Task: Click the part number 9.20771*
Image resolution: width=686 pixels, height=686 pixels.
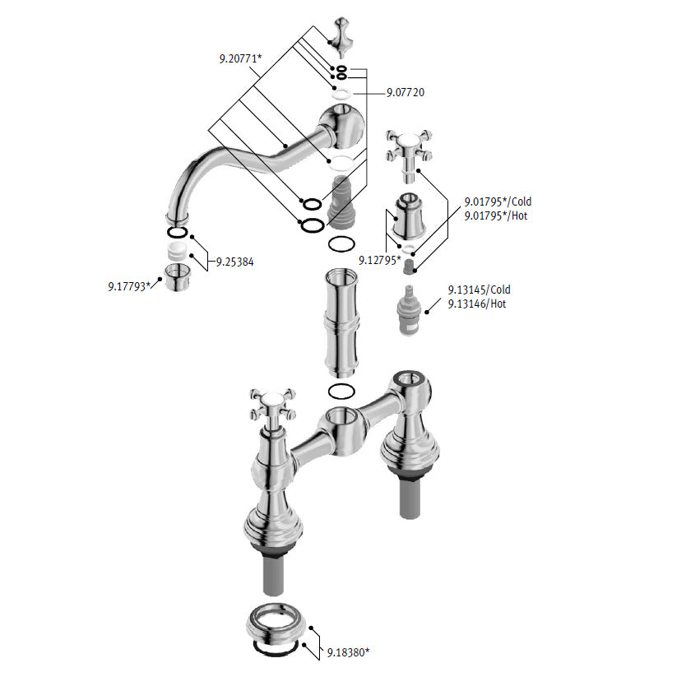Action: tap(240, 58)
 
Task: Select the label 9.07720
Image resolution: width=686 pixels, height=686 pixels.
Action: tap(406, 92)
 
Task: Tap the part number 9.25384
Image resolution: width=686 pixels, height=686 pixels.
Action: tap(235, 262)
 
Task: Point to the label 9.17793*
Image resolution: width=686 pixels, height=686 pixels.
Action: tap(129, 286)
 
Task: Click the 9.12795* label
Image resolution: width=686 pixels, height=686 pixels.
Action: tap(380, 260)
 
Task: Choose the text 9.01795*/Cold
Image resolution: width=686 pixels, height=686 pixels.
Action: tap(498, 202)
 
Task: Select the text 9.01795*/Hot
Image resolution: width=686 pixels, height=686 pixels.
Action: tap(496, 216)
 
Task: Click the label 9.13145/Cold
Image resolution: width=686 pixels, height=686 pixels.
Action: tap(479, 290)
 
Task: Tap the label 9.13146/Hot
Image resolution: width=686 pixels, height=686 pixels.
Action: tap(477, 304)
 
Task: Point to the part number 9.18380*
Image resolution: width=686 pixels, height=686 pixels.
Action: tap(348, 652)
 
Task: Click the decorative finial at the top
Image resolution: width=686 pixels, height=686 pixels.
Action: tap(341, 38)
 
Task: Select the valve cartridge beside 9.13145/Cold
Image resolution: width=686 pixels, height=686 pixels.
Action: tap(407, 310)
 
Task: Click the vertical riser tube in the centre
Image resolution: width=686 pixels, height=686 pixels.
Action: tap(341, 323)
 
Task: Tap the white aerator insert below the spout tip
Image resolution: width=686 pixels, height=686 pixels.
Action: tap(177, 250)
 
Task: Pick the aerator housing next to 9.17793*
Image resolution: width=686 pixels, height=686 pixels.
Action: tap(177, 277)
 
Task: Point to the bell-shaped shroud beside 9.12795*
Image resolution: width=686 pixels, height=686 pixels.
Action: tap(408, 216)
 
